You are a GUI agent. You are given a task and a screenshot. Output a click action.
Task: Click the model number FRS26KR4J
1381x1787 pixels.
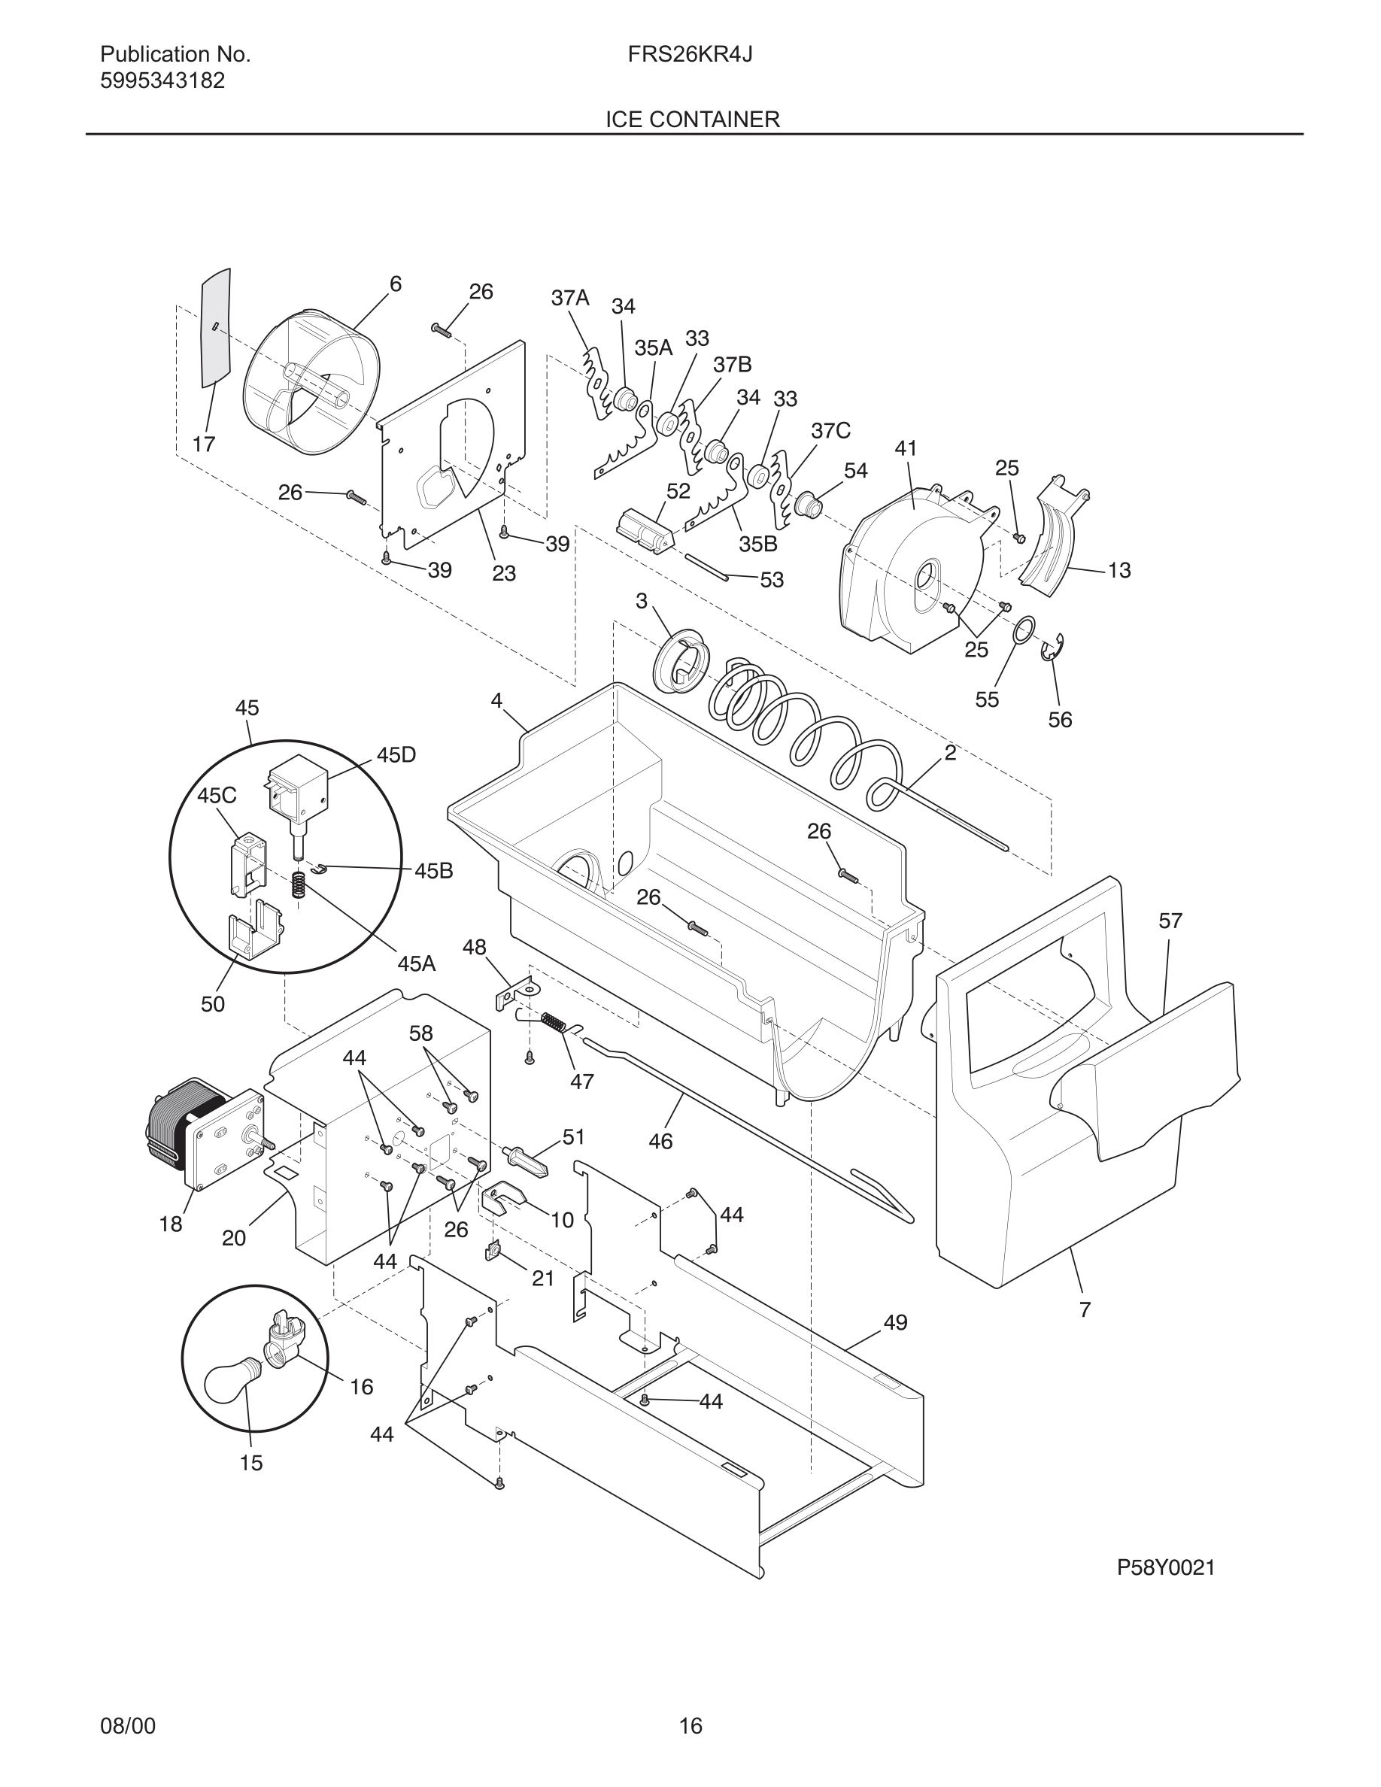690,55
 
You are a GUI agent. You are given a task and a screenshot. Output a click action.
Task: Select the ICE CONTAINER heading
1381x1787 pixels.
692,120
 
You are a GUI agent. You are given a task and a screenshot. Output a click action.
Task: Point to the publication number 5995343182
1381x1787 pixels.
162,81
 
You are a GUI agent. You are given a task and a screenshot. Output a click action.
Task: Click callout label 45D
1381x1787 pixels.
396,754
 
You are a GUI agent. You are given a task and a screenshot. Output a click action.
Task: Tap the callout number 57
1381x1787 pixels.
1170,921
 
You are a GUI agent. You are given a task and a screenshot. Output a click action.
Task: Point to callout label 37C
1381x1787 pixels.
830,430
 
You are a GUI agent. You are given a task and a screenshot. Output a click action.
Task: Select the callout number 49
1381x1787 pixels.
895,1322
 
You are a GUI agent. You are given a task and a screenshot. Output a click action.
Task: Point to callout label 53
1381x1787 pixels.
772,579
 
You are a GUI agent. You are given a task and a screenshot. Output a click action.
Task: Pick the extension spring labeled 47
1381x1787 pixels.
554,1022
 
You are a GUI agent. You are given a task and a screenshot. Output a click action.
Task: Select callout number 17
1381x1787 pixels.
204,444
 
